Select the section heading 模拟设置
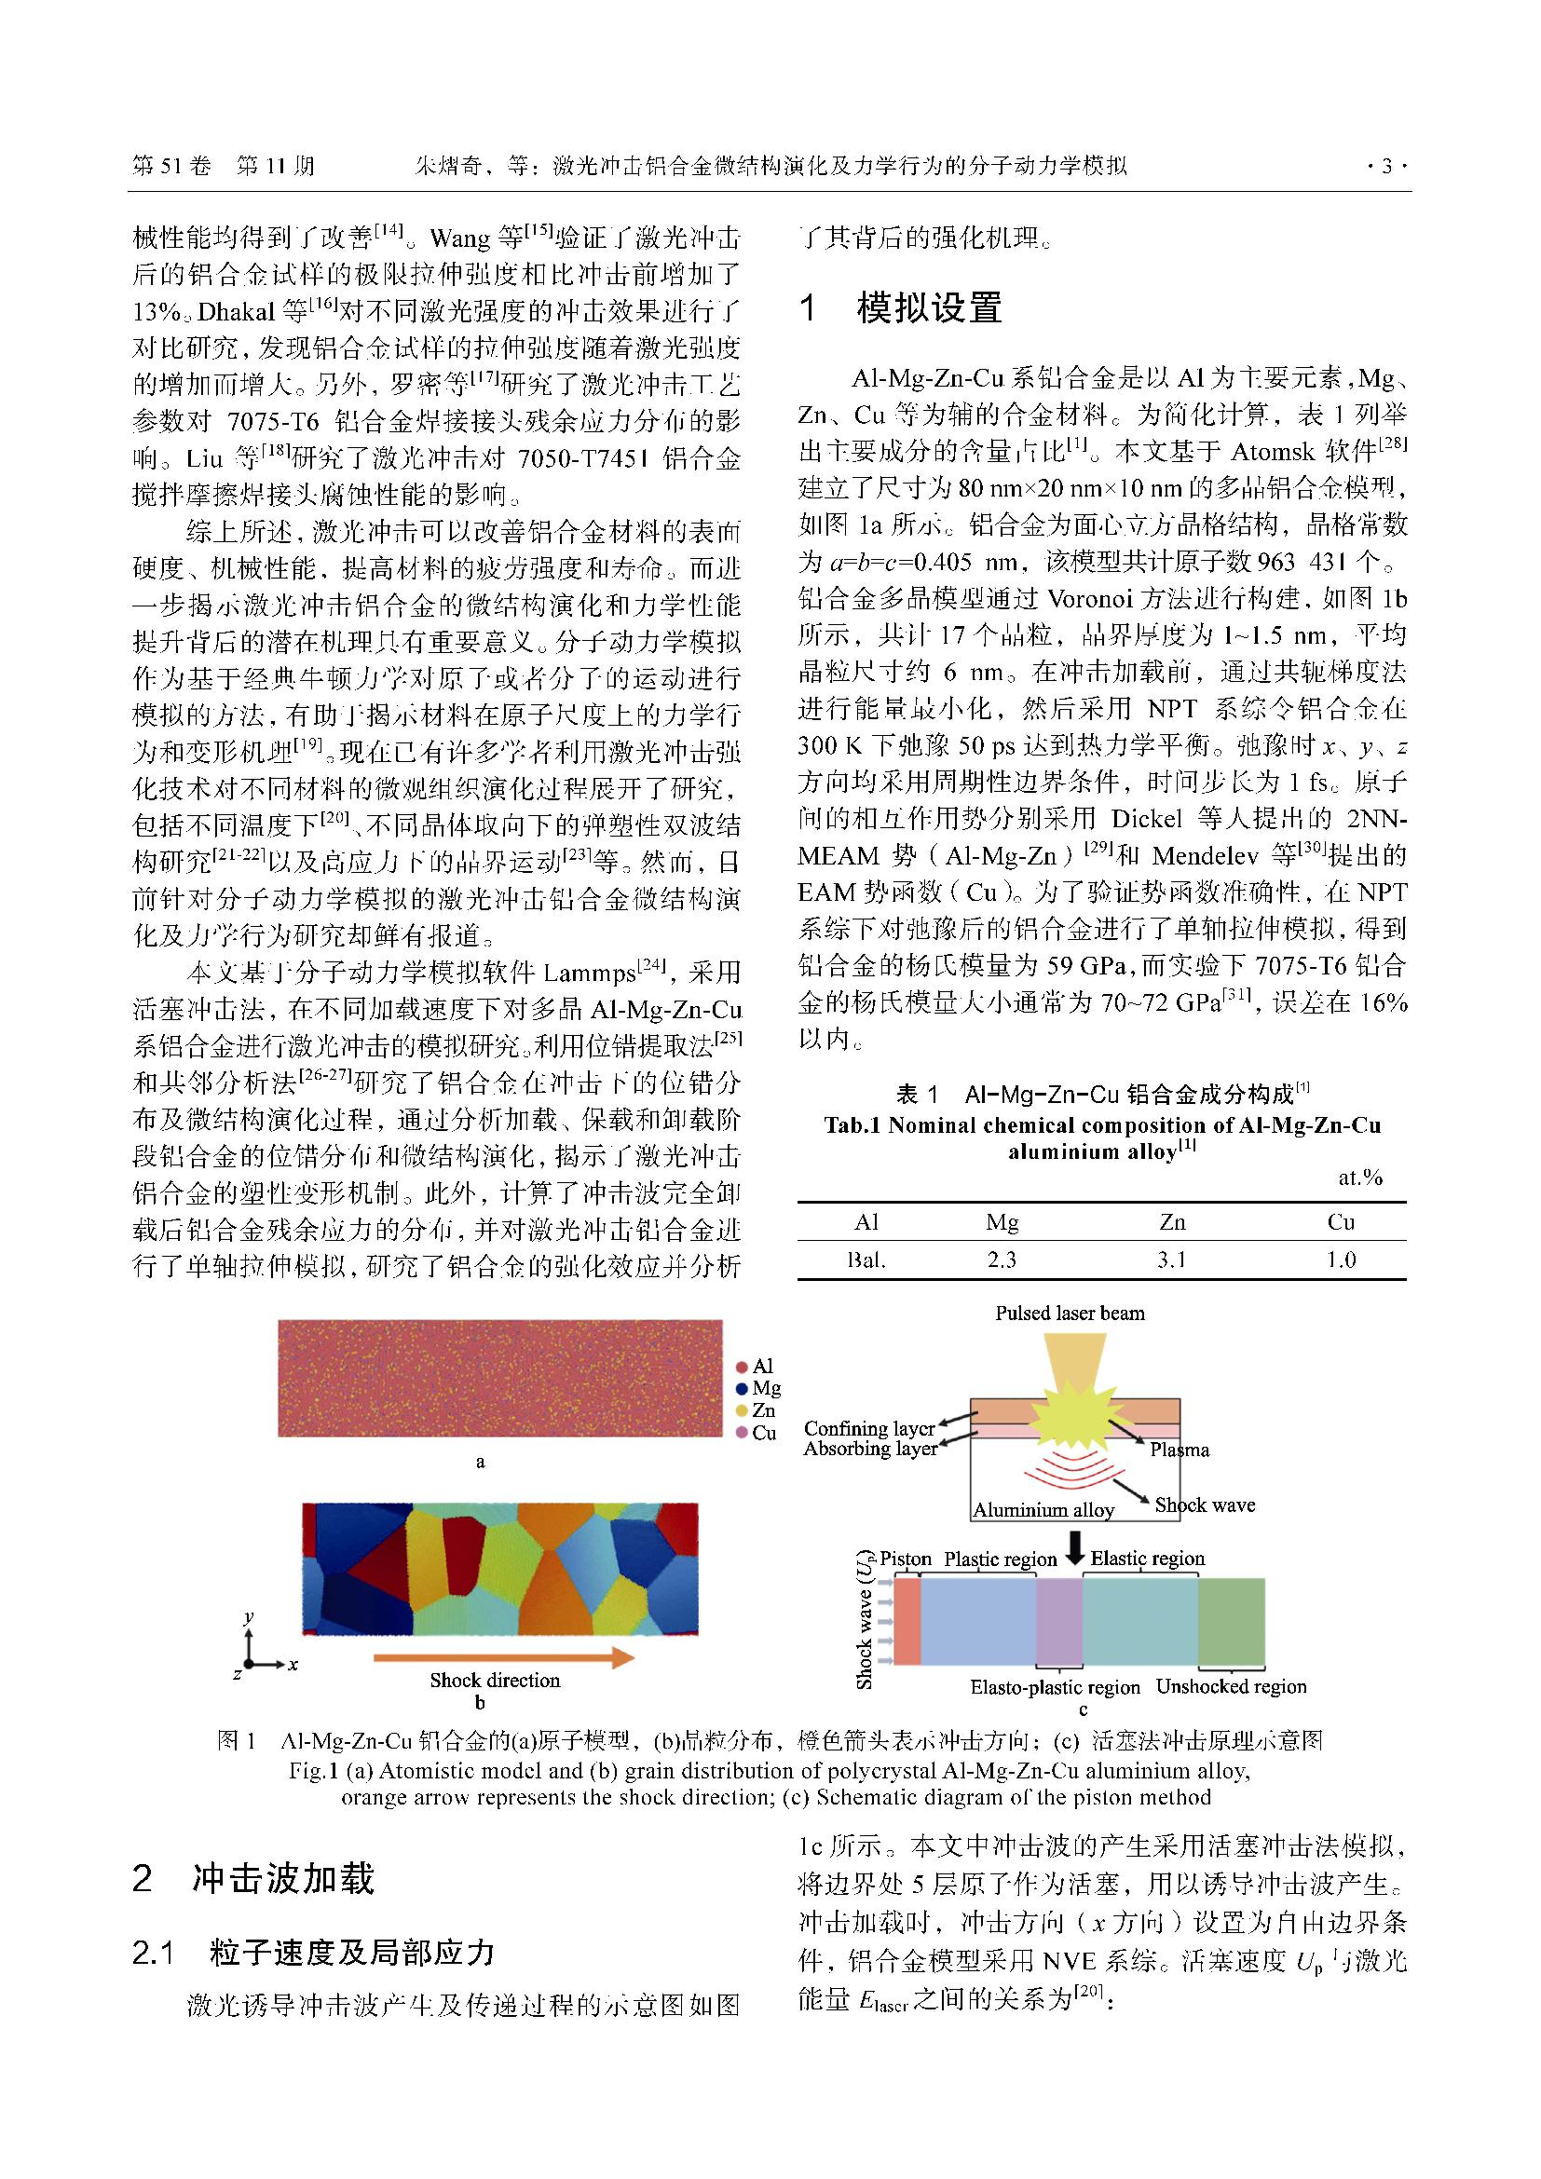pos(929,308)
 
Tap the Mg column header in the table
pos(1002,1222)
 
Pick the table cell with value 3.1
pos(1171,1260)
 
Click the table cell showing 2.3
pos(1002,1260)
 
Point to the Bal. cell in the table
pos(866,1260)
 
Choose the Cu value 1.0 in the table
pos(1341,1260)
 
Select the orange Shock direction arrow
pos(503,1658)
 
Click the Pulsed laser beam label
pos(1070,1314)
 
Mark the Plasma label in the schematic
pos(1180,1450)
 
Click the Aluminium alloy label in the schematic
pos(1043,1510)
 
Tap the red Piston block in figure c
pos(907,1621)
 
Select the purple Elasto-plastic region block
pos(1059,1621)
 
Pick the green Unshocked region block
pos(1231,1621)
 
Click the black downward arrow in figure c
pos(1074,1550)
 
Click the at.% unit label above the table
pos(1359,1178)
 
